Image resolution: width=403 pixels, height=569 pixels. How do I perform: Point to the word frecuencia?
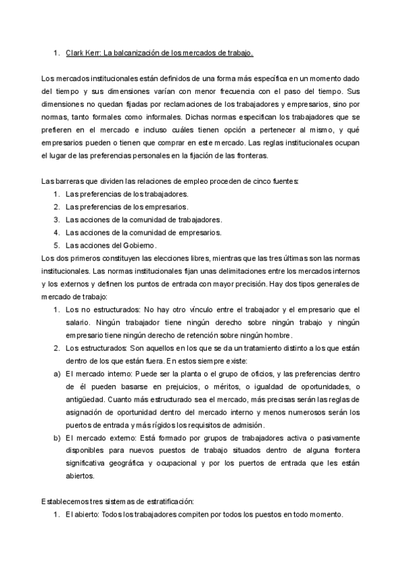click(x=244, y=91)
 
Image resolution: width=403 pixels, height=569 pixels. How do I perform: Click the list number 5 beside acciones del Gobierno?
click(x=56, y=246)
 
